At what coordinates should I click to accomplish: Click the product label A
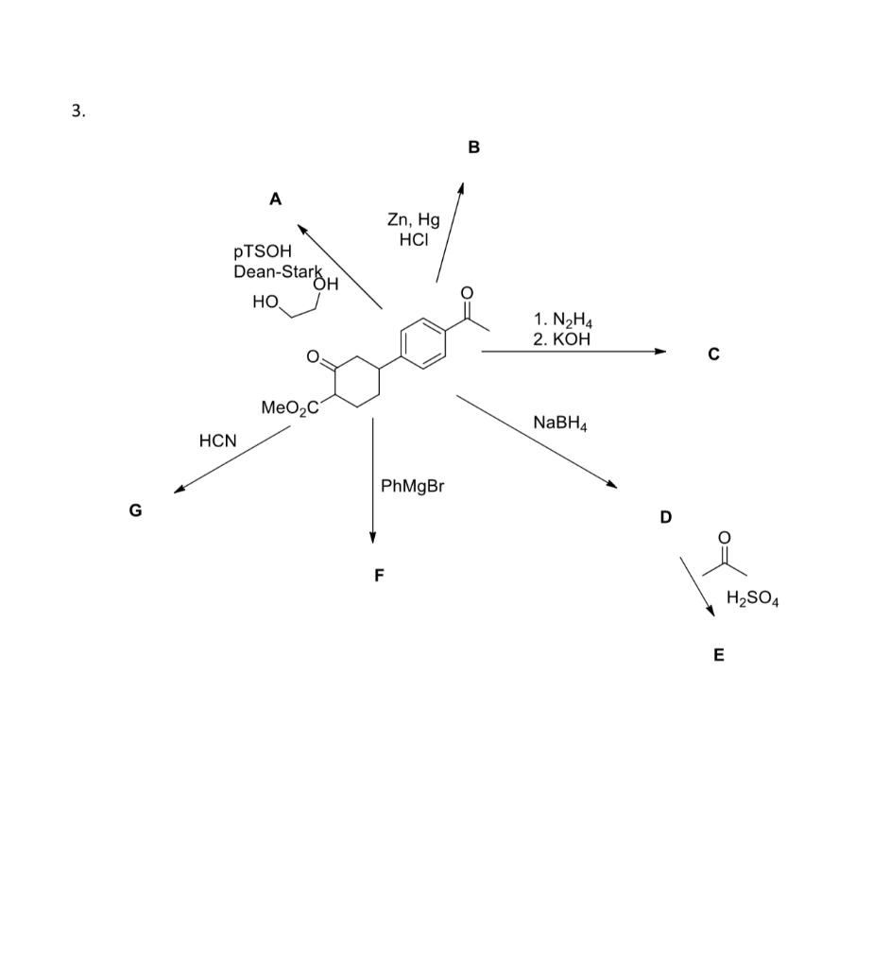pos(275,199)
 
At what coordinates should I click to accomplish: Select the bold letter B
pos(473,147)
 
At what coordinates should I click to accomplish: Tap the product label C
pos(713,354)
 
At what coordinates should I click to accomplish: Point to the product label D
pos(666,517)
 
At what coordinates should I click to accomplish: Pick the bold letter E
pos(719,655)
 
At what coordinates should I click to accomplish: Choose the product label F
pos(379,575)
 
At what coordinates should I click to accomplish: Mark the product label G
pos(136,510)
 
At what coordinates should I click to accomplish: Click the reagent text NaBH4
pos(560,423)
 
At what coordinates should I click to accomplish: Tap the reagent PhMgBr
pos(412,487)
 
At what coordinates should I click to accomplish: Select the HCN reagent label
pos(218,441)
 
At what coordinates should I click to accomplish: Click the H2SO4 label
pos(752,598)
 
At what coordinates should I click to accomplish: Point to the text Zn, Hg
pos(413,220)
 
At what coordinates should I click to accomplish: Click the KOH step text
pos(568,338)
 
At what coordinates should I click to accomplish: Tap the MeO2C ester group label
pos(290,407)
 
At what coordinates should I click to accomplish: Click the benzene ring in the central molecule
pos(422,342)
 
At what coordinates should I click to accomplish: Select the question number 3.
pos(77,112)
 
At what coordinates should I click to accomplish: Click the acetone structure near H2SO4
pos(725,558)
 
